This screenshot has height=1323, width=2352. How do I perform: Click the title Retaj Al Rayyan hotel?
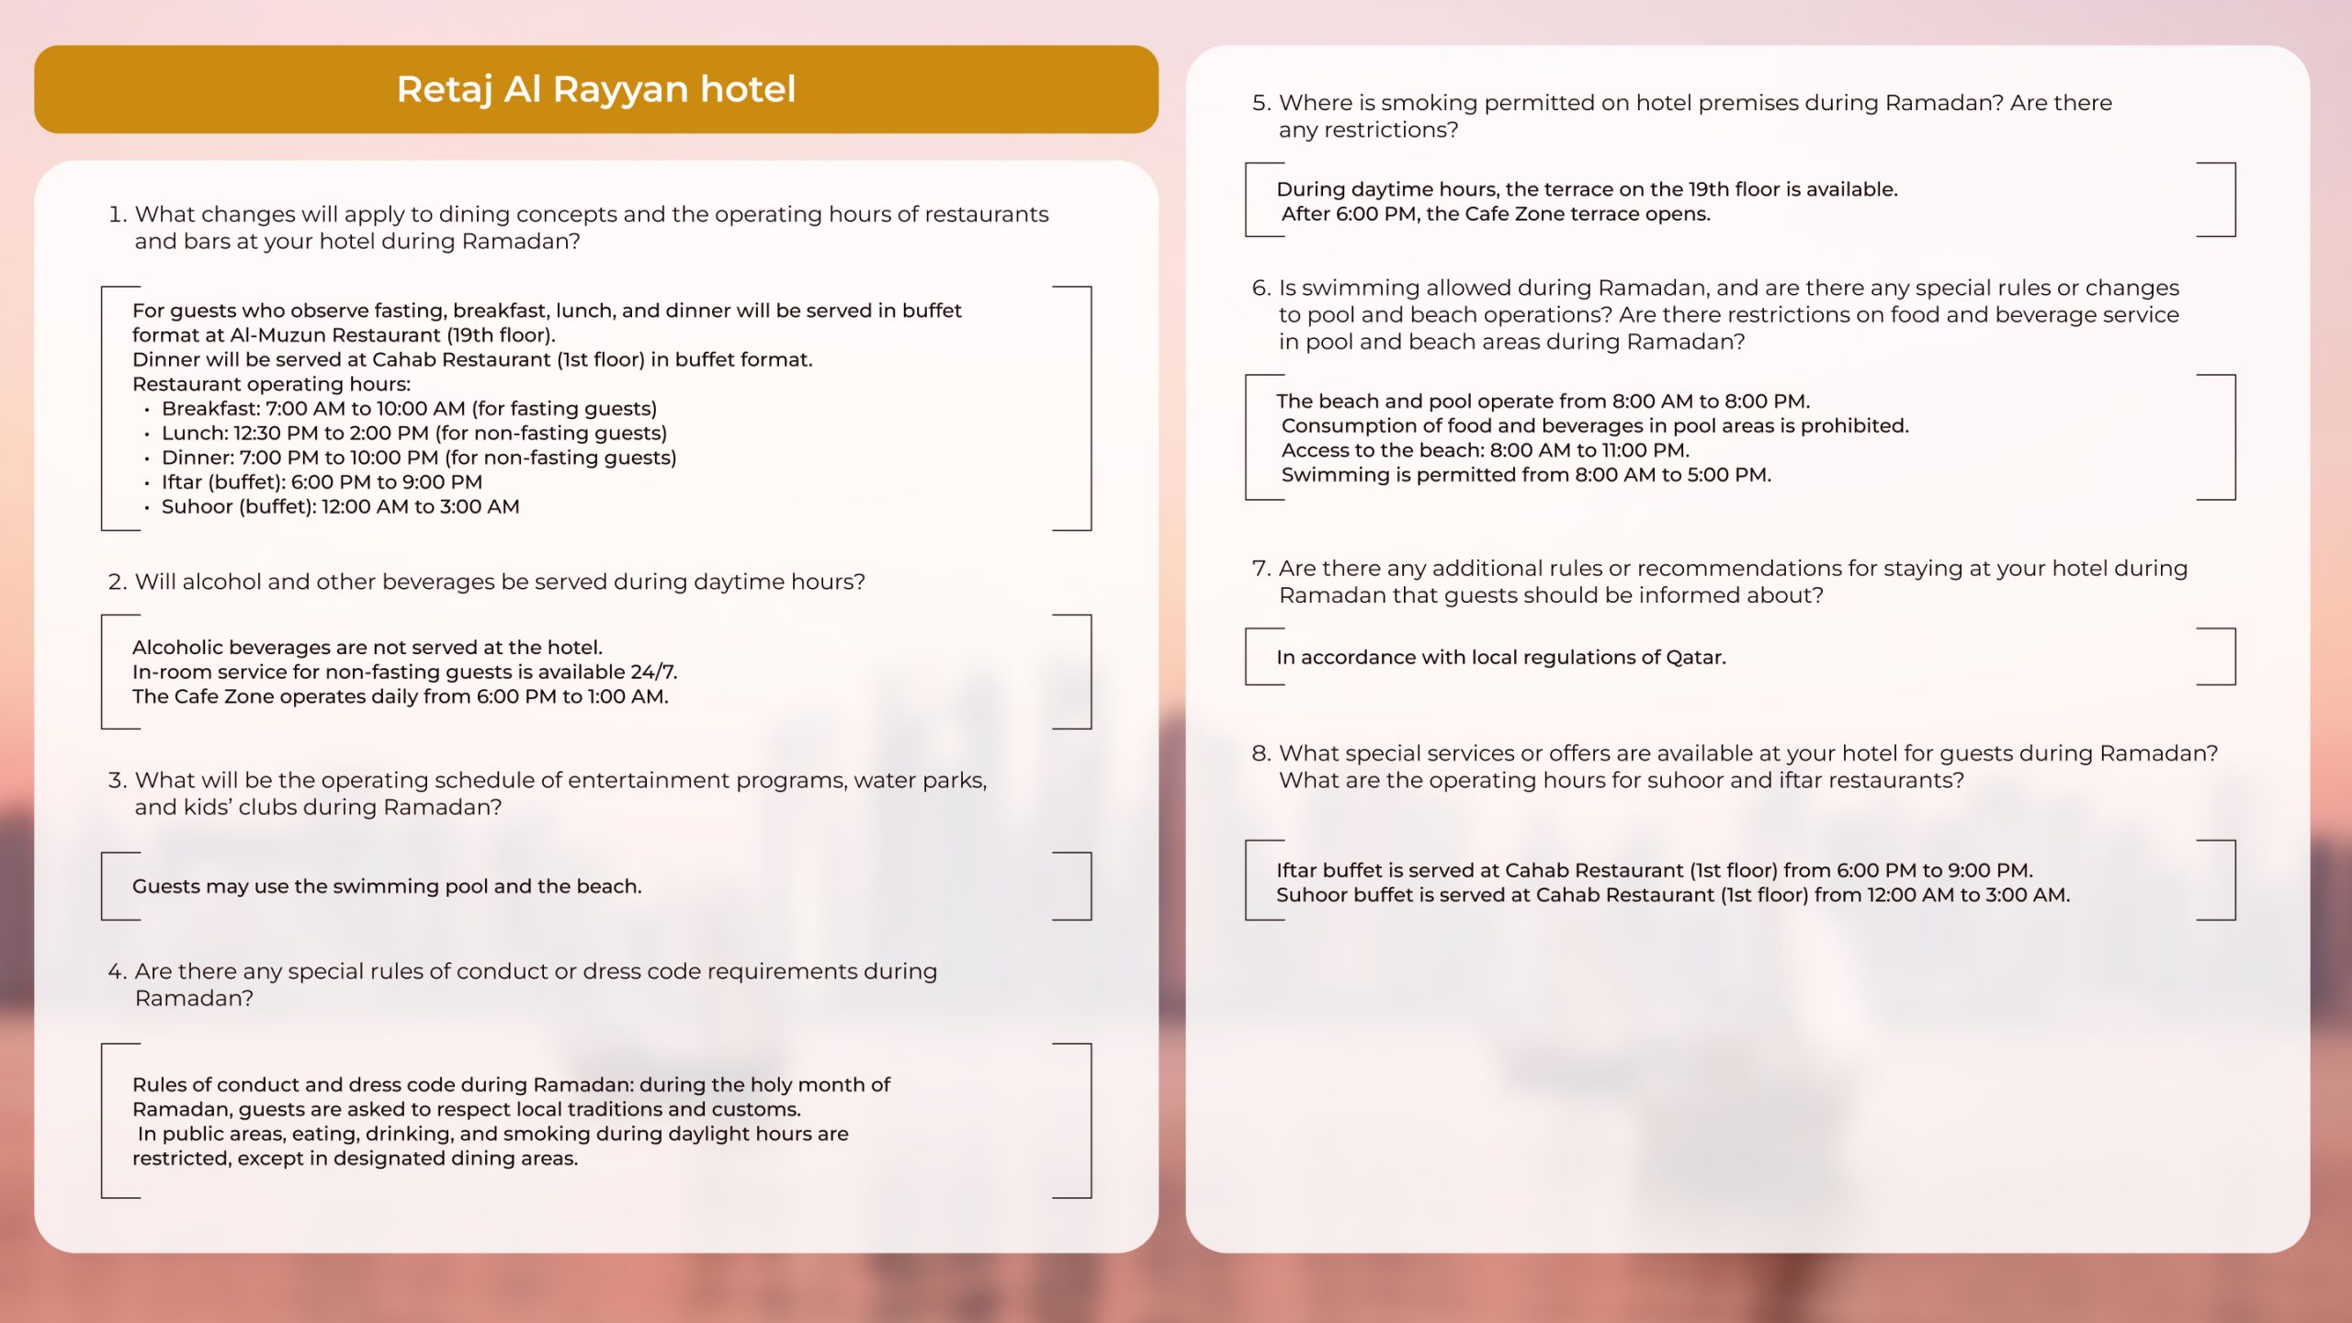click(x=596, y=89)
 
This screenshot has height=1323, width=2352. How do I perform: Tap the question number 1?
click(x=116, y=214)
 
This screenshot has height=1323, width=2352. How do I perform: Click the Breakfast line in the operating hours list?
click(x=409, y=408)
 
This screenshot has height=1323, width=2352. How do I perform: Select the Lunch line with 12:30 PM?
click(x=413, y=433)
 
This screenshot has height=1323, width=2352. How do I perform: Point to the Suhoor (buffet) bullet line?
click(x=340, y=506)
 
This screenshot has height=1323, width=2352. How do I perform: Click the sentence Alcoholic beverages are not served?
click(x=367, y=647)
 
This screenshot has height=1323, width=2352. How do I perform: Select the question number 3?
click(x=116, y=780)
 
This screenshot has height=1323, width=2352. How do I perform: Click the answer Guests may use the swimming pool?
click(x=387, y=887)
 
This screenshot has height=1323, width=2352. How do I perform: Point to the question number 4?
click(x=116, y=971)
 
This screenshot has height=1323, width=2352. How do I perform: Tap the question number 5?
click(x=1261, y=103)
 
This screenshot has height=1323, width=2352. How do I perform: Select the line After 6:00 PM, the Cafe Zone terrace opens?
click(x=1496, y=214)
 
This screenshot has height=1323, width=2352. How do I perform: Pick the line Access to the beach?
click(x=1485, y=450)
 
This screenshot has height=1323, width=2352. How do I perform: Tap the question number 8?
click(x=1261, y=753)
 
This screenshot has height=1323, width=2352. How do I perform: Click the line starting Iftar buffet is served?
click(x=1654, y=870)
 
